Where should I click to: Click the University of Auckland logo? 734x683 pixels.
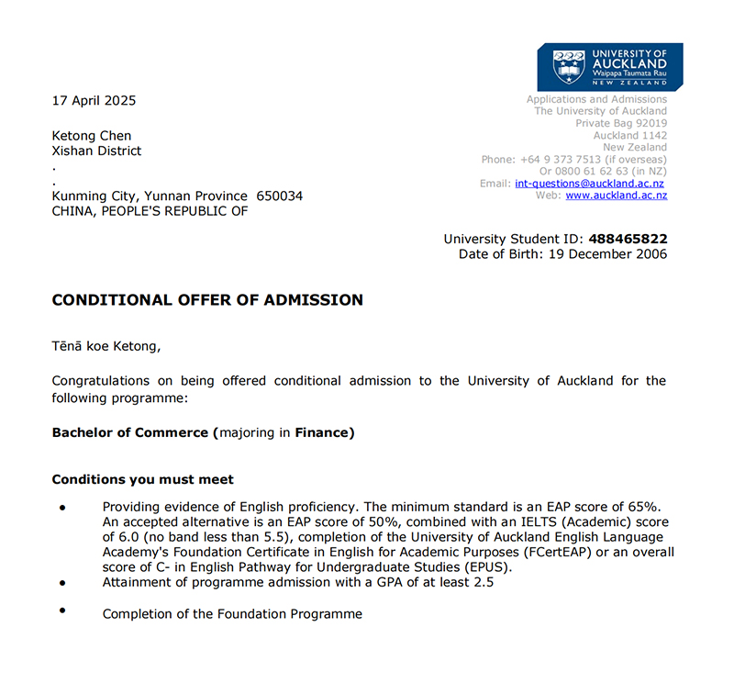[x=610, y=66]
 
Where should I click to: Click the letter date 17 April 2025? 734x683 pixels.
[x=94, y=100]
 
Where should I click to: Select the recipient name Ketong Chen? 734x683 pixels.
[x=92, y=136]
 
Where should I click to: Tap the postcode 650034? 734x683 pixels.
[x=280, y=196]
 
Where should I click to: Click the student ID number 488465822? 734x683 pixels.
[x=628, y=239]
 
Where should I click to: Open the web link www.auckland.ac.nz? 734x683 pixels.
[x=616, y=196]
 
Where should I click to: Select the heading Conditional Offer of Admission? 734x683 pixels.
[x=207, y=300]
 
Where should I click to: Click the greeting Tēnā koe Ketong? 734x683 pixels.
[x=106, y=345]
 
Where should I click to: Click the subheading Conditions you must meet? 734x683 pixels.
[x=142, y=479]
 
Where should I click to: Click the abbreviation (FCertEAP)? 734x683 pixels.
[x=556, y=552]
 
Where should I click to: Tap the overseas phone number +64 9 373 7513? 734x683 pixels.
[x=561, y=160]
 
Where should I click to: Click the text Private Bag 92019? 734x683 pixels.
[x=621, y=124]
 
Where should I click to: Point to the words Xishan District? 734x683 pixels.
[x=97, y=151]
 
